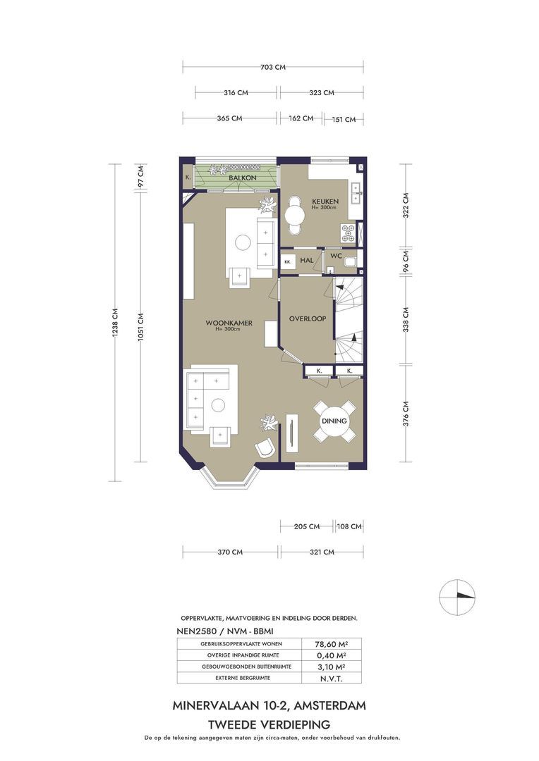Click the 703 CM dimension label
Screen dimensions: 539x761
click(272, 67)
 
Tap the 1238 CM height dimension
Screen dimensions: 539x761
click(115, 323)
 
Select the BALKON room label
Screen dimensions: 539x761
click(243, 178)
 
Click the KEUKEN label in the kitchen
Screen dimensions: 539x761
click(325, 202)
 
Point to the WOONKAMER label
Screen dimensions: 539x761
click(229, 323)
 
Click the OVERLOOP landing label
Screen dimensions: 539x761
click(308, 319)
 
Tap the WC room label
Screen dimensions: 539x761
click(337, 256)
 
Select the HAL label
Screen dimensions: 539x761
click(307, 261)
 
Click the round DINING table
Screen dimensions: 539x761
click(334, 421)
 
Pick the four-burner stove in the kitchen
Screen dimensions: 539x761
click(348, 233)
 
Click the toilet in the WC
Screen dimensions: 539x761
click(350, 263)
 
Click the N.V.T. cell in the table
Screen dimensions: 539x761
click(332, 679)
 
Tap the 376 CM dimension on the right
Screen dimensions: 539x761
click(406, 413)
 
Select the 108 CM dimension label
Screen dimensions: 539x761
click(349, 526)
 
